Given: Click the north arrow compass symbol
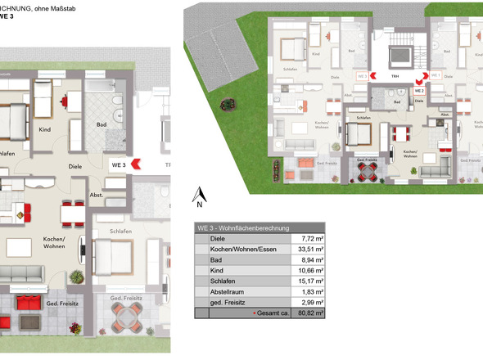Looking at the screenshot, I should tap(197, 195).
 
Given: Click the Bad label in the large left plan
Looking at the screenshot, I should tap(102, 125).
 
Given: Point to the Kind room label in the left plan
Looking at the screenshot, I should tap(46, 129).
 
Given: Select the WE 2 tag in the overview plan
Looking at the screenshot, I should tap(418, 90).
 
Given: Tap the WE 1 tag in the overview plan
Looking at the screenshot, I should tap(436, 74).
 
